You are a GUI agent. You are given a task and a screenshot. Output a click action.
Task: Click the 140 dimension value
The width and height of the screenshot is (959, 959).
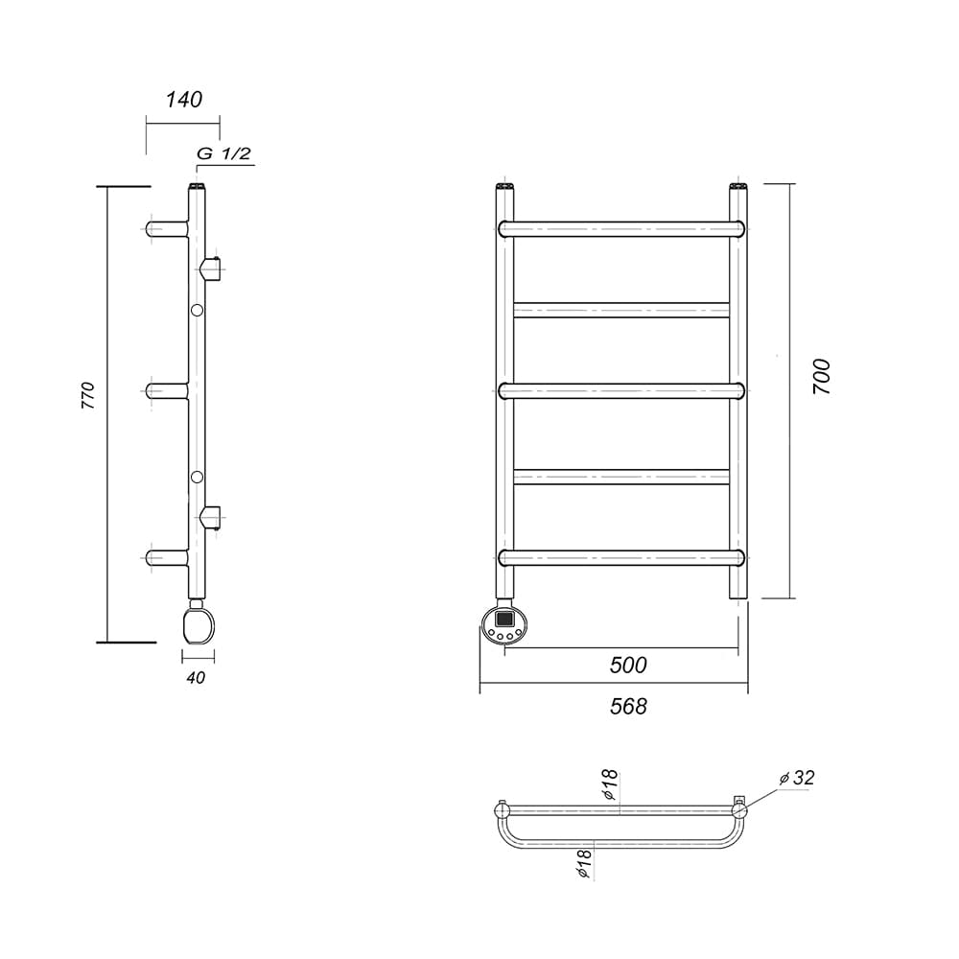[183, 99]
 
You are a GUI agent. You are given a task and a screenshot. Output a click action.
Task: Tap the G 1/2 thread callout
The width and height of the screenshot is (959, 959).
[223, 153]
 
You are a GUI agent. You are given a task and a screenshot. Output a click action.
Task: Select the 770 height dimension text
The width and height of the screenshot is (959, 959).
[88, 395]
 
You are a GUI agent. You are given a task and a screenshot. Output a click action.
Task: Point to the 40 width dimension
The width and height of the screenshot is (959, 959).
[196, 678]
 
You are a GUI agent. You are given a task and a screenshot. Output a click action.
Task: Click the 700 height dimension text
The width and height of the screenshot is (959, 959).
[823, 377]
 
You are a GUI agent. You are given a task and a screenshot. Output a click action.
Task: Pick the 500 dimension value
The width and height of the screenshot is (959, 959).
[628, 665]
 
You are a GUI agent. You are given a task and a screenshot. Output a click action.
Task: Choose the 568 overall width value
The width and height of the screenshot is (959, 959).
[628, 707]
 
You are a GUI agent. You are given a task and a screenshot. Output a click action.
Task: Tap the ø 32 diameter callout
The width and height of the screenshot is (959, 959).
[798, 778]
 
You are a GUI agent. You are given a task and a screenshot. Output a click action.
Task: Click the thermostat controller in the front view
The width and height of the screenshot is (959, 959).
[504, 625]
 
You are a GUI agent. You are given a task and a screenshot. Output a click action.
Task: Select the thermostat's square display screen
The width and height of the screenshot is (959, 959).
[504, 619]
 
